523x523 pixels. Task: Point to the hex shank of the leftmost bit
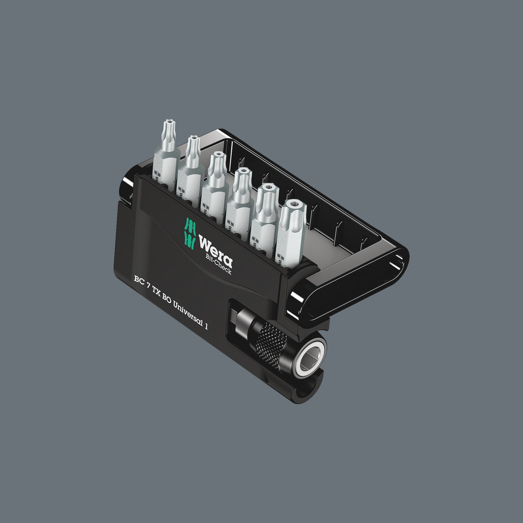coord(164,165)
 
